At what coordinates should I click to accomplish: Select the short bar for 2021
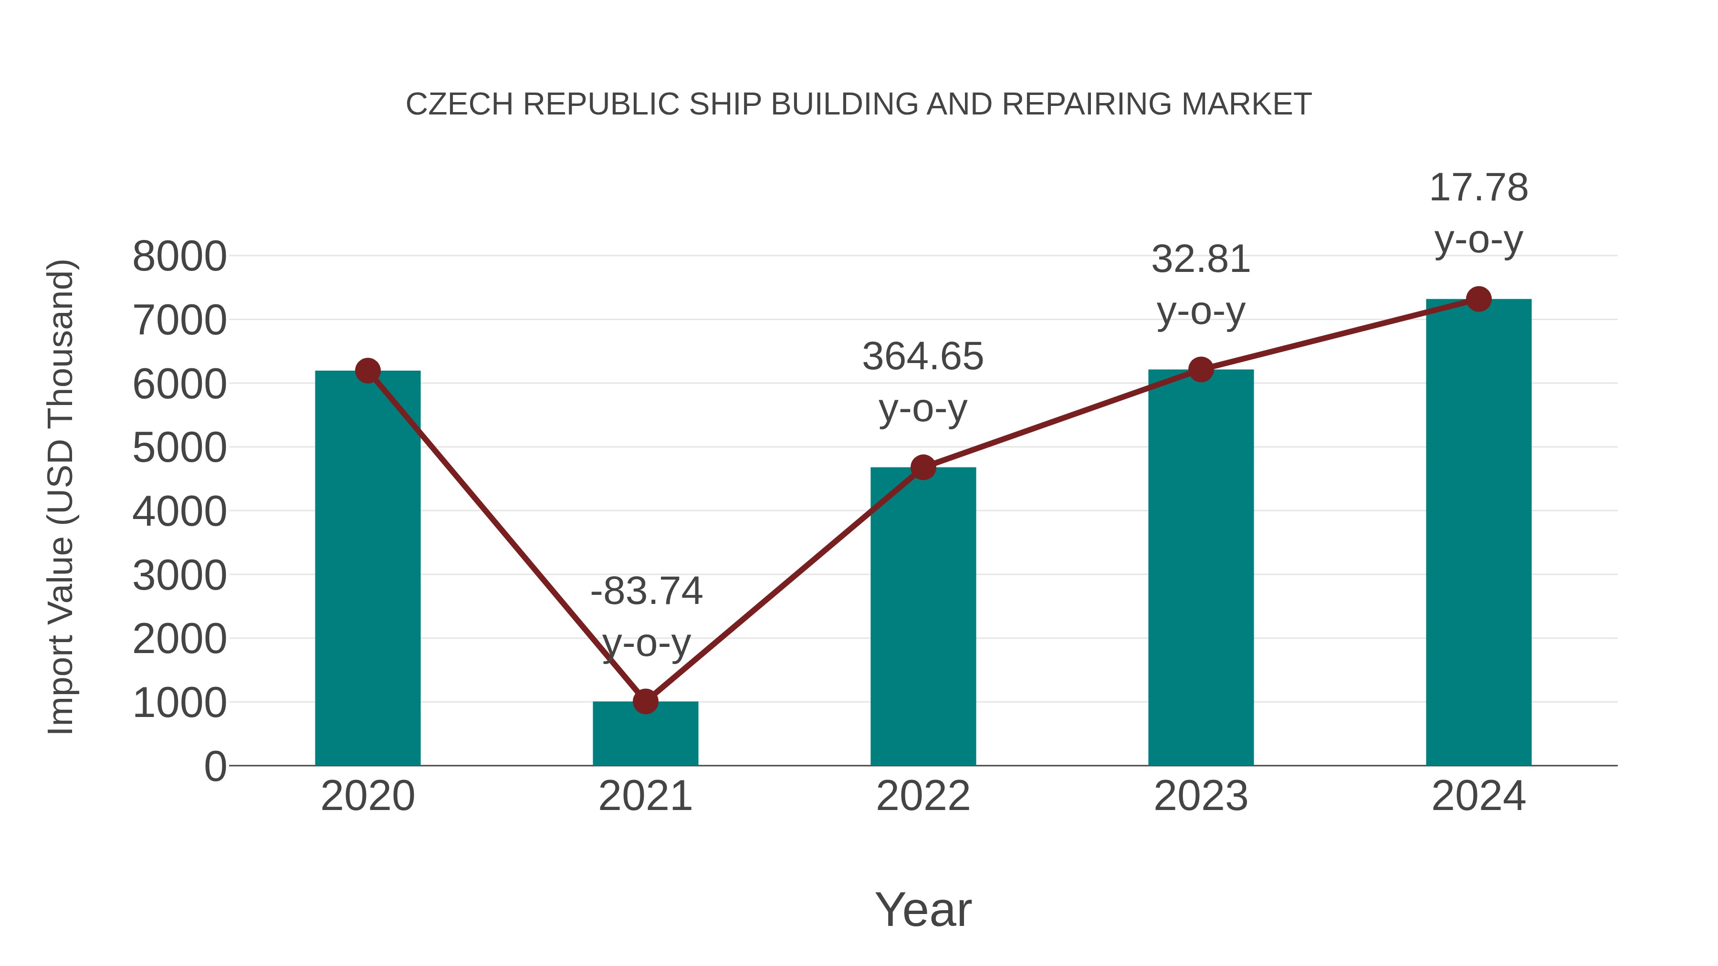click(645, 733)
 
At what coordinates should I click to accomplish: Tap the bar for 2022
click(923, 617)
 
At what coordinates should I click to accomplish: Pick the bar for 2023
click(1201, 567)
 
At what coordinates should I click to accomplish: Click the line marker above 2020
click(367, 371)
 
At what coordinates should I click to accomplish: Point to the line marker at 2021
click(645, 701)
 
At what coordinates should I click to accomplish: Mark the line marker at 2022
click(923, 467)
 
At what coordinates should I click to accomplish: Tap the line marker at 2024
click(1478, 299)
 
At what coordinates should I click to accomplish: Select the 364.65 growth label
click(922, 357)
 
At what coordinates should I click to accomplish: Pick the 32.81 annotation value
click(1201, 260)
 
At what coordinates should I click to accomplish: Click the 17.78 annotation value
click(1478, 187)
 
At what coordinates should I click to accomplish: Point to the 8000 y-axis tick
click(179, 256)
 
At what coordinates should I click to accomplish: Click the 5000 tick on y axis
click(179, 447)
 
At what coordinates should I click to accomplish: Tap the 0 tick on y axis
click(215, 766)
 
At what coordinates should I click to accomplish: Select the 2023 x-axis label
click(1201, 796)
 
